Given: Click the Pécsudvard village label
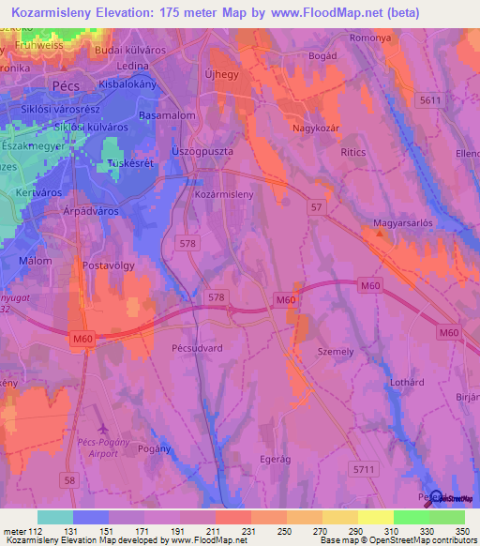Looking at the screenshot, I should [x=172, y=346].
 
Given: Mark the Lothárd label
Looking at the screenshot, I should [x=411, y=382].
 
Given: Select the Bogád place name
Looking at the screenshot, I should [x=322, y=55].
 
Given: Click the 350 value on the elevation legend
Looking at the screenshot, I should [x=461, y=530].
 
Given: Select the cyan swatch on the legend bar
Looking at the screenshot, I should [x=55, y=516].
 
